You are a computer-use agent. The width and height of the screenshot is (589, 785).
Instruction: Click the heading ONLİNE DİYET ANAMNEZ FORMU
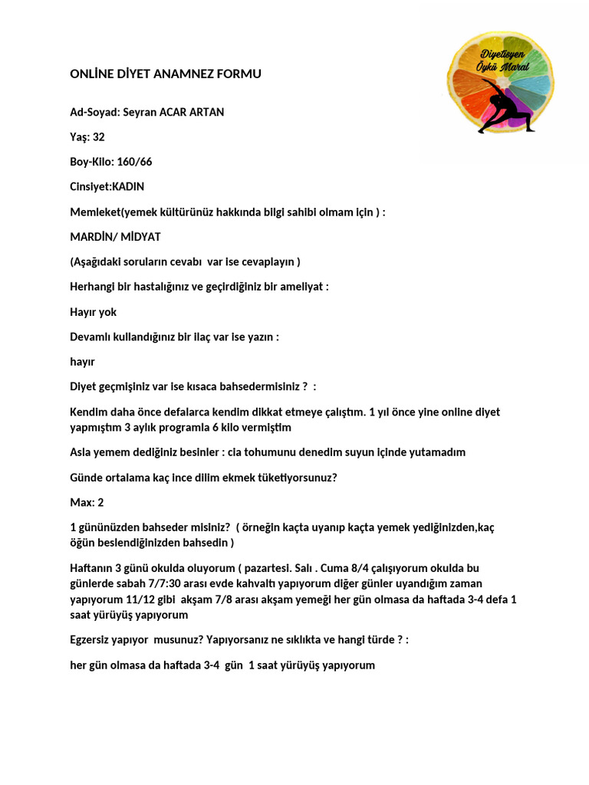pyautogui.click(x=166, y=74)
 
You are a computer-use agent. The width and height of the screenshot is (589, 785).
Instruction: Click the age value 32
pyautogui.click(x=98, y=137)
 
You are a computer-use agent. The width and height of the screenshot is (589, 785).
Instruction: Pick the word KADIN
pyautogui.click(x=128, y=186)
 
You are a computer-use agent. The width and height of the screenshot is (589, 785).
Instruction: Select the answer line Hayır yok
pyautogui.click(x=93, y=312)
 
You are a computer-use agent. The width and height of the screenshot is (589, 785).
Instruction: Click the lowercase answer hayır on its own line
pyautogui.click(x=82, y=362)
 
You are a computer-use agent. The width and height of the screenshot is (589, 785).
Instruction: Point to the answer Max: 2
pyautogui.click(x=87, y=502)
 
